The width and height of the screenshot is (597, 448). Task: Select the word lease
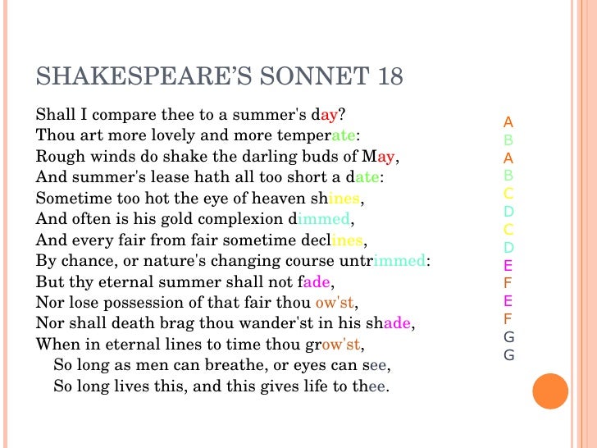click(x=147, y=176)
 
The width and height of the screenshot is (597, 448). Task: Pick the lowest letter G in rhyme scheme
click(x=508, y=355)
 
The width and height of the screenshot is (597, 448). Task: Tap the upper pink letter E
click(x=508, y=265)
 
